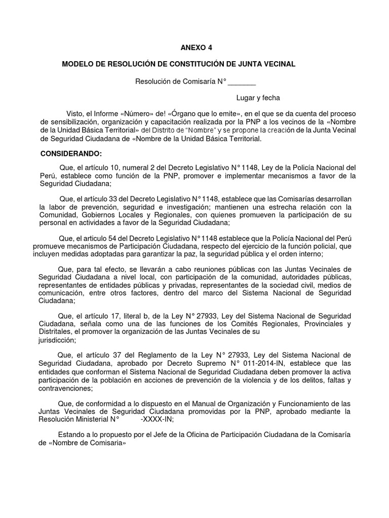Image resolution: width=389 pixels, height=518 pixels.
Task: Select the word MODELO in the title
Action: click(79, 64)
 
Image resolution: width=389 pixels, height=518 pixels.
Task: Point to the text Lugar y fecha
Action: click(258, 98)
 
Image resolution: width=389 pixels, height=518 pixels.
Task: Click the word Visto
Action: click(77, 114)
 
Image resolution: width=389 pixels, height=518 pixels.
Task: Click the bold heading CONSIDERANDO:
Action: click(71, 153)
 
